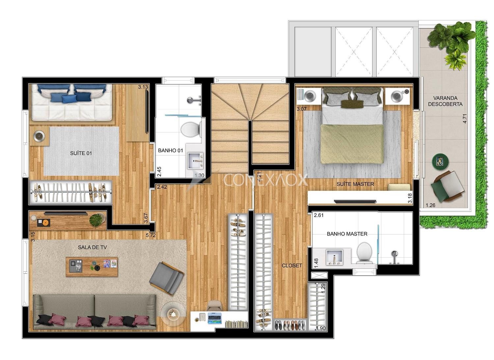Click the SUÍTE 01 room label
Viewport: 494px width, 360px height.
81,153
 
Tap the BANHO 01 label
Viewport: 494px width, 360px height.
171,151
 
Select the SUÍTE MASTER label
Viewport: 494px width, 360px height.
355,184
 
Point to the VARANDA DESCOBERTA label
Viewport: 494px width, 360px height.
445,101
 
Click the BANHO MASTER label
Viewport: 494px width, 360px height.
347,234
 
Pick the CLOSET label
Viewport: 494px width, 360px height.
292,265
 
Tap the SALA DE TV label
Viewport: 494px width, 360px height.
93,247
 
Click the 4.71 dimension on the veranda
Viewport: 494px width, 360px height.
465,119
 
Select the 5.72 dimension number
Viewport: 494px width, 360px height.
151,235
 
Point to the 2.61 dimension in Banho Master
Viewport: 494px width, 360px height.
319,215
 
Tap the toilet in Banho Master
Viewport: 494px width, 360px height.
365,253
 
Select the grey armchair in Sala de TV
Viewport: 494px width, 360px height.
167,278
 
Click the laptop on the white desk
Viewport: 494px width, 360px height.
214,318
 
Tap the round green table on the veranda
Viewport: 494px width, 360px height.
440,162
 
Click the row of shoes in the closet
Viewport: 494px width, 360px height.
290,325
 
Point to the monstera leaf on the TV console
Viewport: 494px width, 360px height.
97,220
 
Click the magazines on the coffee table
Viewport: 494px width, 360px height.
110,263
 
